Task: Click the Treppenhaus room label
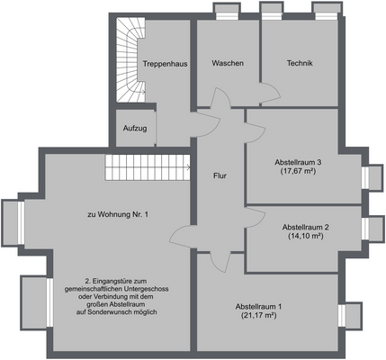pos(165,64)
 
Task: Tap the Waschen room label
pos(229,64)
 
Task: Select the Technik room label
pos(299,64)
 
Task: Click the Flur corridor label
pos(219,177)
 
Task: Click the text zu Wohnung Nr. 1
pos(117,214)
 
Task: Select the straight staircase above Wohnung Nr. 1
pos(146,166)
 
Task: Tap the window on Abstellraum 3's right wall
pos(367,176)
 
